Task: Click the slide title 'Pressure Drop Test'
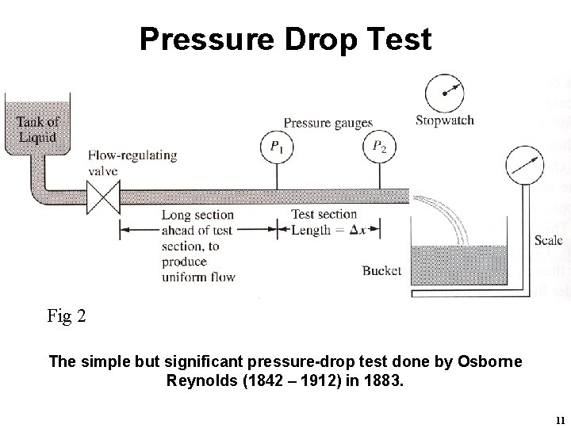[x=285, y=37]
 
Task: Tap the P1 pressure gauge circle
[x=276, y=146]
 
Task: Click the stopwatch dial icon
[x=444, y=93]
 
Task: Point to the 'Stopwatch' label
[x=445, y=120]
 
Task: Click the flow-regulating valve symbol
[x=102, y=195]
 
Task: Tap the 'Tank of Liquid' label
[x=38, y=129]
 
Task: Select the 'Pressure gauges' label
[x=328, y=122]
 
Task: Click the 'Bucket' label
[x=381, y=270]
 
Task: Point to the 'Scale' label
[x=549, y=239]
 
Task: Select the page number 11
[x=560, y=419]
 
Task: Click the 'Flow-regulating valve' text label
[x=132, y=162]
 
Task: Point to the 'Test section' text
[x=324, y=214]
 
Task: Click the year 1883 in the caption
[x=383, y=380]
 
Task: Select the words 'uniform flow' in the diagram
[x=198, y=276]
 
